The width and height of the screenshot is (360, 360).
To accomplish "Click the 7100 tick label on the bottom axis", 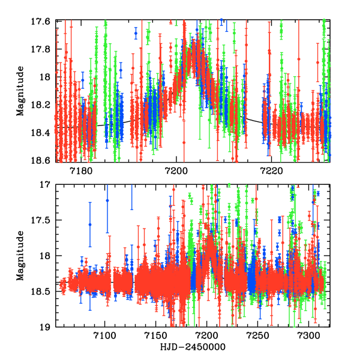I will pos(104,337).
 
